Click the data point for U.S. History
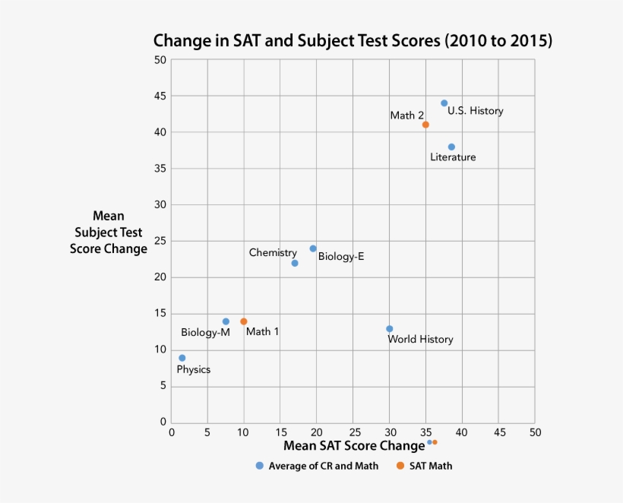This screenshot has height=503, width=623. [444, 103]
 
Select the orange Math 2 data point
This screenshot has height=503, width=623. [425, 125]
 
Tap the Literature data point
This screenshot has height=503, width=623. [451, 147]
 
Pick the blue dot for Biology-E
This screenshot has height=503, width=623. [313, 248]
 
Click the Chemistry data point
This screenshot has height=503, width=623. [295, 263]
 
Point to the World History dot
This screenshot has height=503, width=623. [390, 329]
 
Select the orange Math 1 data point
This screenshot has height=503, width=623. [244, 321]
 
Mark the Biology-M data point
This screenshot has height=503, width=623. [226, 321]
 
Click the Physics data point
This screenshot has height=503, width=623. [182, 358]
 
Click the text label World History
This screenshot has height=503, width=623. [420, 340]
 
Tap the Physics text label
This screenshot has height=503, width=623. [193, 370]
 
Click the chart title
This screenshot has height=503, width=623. [353, 40]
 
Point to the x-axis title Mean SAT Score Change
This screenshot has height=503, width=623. [354, 445]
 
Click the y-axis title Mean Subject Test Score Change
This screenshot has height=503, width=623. [109, 233]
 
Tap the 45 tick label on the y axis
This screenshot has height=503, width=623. [160, 96]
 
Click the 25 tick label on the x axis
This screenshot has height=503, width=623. [353, 432]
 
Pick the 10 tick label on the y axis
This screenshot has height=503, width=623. [160, 350]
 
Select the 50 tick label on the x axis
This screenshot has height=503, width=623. [536, 432]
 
